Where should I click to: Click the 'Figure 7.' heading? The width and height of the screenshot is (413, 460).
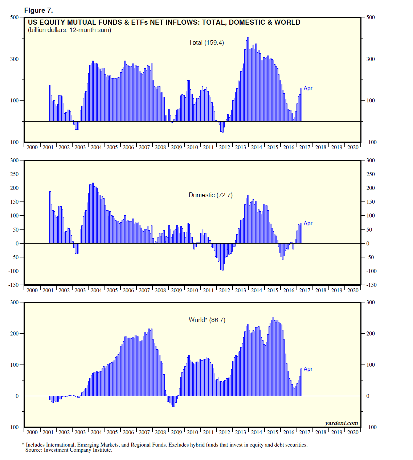coord(38,10)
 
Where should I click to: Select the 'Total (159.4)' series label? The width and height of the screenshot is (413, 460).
coord(206,42)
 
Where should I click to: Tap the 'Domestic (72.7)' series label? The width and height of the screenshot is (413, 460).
coord(210,195)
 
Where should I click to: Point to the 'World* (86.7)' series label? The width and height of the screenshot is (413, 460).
coord(207,320)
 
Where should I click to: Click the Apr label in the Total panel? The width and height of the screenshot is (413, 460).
coord(308,88)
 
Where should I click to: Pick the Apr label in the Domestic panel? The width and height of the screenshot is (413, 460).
coord(308,223)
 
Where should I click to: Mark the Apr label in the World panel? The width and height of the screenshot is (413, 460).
coord(308,369)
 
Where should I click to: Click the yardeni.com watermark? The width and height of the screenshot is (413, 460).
coord(341,423)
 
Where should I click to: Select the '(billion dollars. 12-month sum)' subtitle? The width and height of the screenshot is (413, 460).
coord(70,30)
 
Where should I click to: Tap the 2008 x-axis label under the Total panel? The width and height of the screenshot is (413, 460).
coord(160,147)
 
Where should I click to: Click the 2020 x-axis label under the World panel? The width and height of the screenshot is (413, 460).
coord(353,432)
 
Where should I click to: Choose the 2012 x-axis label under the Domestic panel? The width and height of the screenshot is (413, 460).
coord(224,290)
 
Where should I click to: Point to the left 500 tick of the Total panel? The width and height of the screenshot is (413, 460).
coord(15,17)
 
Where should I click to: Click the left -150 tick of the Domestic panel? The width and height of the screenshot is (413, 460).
coord(13,285)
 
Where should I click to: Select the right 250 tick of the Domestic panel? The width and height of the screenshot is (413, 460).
coord(371,174)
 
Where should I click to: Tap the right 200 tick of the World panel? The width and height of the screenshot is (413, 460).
coord(371,333)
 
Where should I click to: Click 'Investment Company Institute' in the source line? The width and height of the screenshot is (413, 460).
coord(78,450)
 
